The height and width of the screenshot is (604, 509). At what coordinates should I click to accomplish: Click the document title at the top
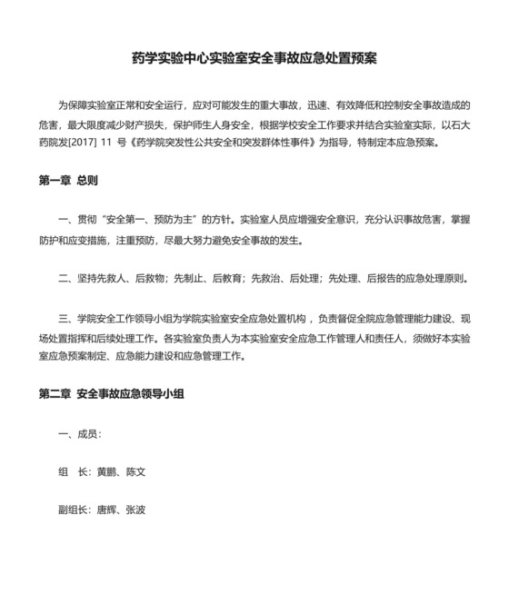(x=254, y=58)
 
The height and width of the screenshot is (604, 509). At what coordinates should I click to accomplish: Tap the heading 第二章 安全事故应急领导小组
(x=113, y=396)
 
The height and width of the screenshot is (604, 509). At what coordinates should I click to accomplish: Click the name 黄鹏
(x=106, y=472)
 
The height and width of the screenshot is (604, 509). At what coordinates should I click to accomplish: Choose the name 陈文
(x=136, y=472)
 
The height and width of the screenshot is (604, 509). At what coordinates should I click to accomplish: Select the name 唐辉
(x=106, y=510)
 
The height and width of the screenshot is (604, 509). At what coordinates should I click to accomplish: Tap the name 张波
(x=136, y=510)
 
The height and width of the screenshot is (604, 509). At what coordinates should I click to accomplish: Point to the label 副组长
(x=70, y=510)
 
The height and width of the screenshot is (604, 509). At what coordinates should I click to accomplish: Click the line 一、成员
(x=79, y=434)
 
